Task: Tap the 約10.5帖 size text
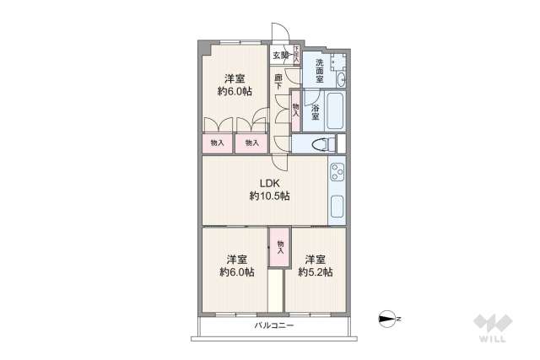[269, 196]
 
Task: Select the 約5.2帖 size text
[315, 272]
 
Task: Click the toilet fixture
[320, 144]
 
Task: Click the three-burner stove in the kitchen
[337, 173]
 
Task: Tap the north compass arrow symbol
[388, 319]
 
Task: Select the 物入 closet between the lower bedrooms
[280, 248]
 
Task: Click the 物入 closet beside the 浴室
[296, 107]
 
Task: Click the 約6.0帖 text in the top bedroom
[235, 92]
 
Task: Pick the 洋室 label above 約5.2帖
[315, 258]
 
